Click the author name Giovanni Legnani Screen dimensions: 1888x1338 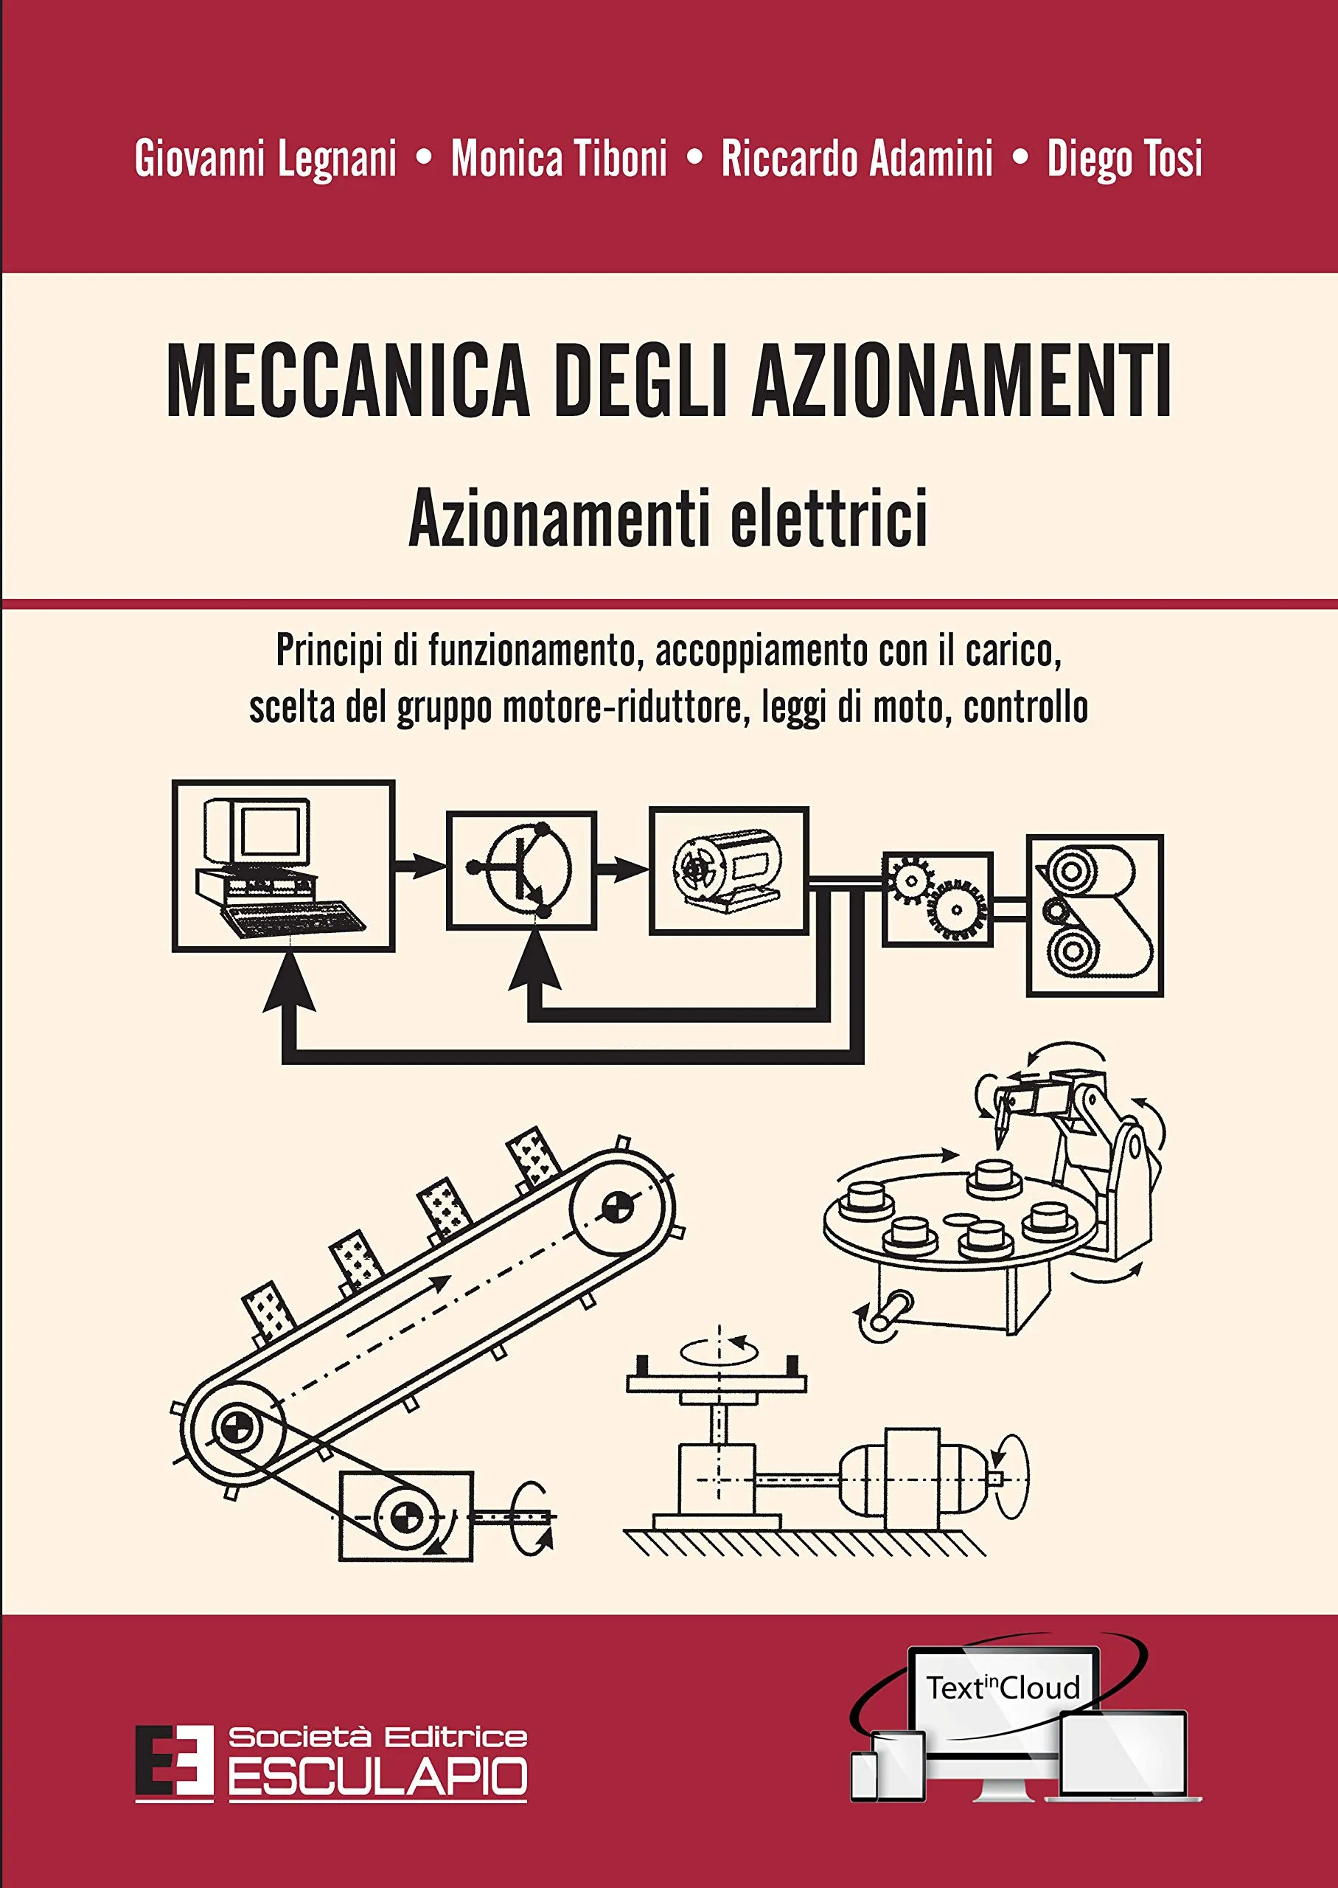click(265, 159)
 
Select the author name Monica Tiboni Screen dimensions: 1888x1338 click(559, 159)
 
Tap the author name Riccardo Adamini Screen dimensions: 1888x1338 click(857, 159)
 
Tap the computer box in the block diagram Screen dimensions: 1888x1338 click(283, 865)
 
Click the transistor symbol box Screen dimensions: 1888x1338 click(520, 870)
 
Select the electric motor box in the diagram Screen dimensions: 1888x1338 click(728, 870)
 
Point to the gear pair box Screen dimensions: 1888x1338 click(937, 898)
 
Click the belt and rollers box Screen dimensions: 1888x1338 click(1094, 914)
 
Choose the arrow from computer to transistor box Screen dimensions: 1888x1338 click(420, 865)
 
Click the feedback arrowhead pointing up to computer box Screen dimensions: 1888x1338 click(289, 985)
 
